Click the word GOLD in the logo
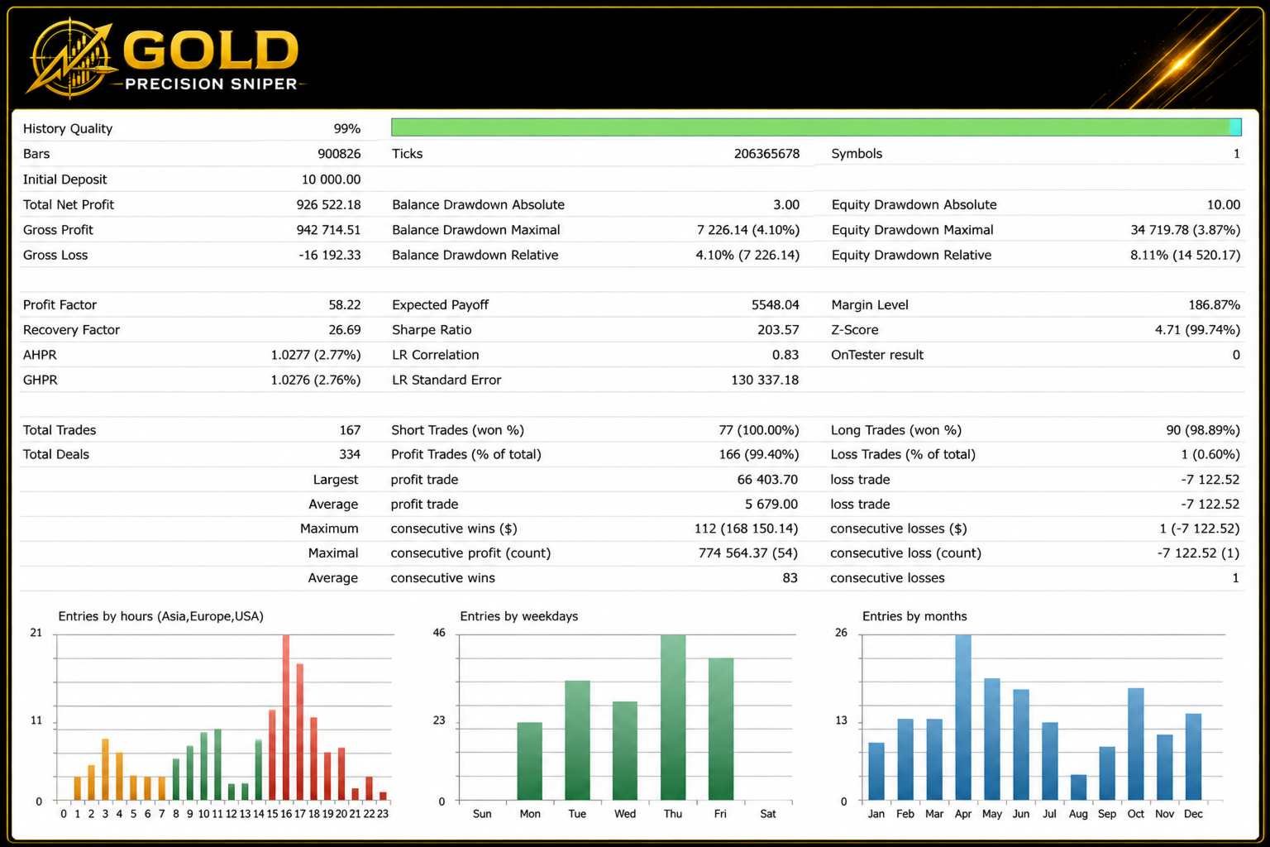[211, 50]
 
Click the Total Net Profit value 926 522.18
[328, 205]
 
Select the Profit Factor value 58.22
[345, 304]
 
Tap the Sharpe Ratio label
[432, 329]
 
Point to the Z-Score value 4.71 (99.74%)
[1197, 329]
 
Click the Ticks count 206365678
[766, 154]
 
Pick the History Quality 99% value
[347, 129]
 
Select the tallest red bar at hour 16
[286, 717]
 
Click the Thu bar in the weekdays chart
[673, 717]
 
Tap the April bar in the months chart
[962, 717]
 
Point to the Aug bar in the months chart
[1078, 787]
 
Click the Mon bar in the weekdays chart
[529, 761]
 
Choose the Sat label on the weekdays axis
[767, 814]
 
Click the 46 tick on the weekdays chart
[439, 633]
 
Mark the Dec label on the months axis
[1193, 814]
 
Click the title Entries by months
[914, 616]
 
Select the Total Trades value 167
[350, 430]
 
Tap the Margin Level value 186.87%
[1214, 304]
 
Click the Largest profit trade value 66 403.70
[767, 480]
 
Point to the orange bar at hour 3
[105, 769]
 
